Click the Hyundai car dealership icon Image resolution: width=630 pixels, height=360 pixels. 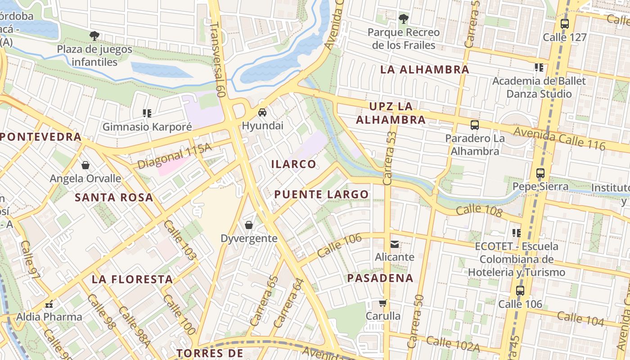[262, 112]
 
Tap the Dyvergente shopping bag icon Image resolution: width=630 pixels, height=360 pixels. [248, 225]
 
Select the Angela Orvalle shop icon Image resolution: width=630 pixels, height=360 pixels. [85, 165]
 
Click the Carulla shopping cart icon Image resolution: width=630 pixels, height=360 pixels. [382, 303]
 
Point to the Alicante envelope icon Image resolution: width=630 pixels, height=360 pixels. [394, 244]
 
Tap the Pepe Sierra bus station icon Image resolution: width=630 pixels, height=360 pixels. [540, 173]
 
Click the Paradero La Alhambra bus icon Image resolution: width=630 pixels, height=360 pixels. [474, 125]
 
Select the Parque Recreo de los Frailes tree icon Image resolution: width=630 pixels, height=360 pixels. [404, 19]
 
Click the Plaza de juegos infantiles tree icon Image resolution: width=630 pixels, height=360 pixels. [94, 36]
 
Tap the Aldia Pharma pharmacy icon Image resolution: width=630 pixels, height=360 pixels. [49, 304]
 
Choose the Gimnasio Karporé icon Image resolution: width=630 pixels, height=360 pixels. [147, 113]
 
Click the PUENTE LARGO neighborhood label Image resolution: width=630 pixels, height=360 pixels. [321, 194]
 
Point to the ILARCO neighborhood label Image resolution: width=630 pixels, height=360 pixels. [294, 164]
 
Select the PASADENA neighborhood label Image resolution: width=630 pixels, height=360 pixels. [380, 278]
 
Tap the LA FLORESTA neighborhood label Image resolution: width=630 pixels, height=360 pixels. [132, 279]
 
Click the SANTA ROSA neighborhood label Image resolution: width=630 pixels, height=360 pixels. [114, 198]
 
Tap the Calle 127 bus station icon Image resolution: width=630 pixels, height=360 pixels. [565, 24]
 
